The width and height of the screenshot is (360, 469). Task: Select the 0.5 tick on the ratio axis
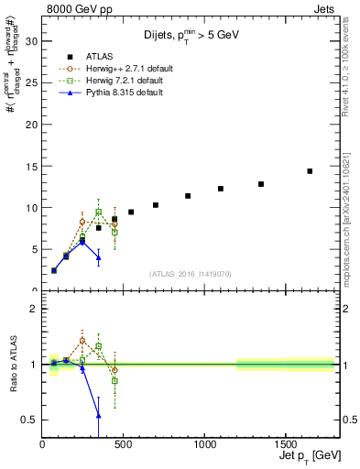point(30,420)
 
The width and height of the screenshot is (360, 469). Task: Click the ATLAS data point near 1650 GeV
point(310,171)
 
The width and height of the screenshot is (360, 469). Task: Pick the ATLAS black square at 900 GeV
point(188,196)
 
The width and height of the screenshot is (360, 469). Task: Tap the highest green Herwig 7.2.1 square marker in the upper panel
point(99,212)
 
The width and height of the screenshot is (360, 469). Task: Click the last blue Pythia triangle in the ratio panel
point(99,415)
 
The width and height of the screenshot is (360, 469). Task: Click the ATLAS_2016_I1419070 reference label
point(191,274)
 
